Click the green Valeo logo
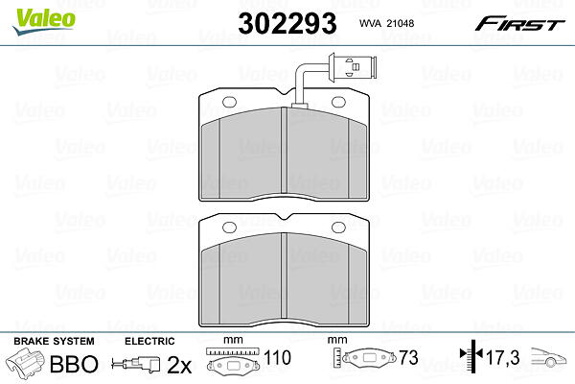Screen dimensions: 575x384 click(44, 21)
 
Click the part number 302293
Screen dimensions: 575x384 click(287, 23)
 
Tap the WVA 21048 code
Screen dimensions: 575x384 click(386, 23)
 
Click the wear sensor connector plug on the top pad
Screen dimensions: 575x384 click(353, 66)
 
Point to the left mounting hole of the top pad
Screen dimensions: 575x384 click(230, 102)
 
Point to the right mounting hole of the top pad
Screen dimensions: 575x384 click(338, 102)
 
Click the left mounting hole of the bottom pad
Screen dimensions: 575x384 click(230, 228)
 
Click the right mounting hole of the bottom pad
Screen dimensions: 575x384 click(338, 228)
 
